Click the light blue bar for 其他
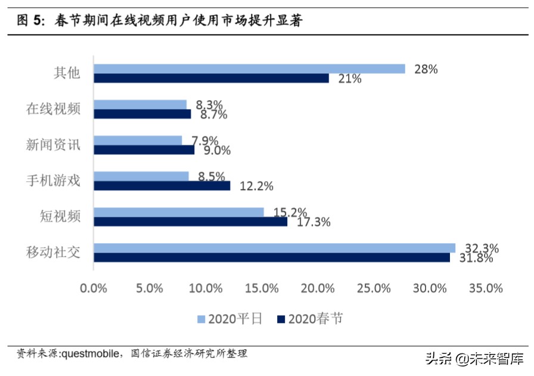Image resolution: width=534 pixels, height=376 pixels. point(250,69)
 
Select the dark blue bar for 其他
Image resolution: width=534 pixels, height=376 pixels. point(212,78)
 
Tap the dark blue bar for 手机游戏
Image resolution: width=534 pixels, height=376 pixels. point(162,186)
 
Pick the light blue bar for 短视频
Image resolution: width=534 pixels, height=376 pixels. point(179,212)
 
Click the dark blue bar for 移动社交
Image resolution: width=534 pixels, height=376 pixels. point(272,257)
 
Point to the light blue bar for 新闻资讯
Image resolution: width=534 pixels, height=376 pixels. point(138,140)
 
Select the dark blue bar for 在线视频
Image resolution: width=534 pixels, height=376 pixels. point(142,114)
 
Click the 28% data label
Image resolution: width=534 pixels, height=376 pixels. point(426,69)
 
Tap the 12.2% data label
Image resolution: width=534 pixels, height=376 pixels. point(256,186)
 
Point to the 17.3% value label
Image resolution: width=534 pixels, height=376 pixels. point(313,222)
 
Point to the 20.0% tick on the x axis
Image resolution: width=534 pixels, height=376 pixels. point(318,288)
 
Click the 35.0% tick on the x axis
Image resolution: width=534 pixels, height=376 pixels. point(486,288)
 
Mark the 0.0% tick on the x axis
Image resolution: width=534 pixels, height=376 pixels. point(94,288)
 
